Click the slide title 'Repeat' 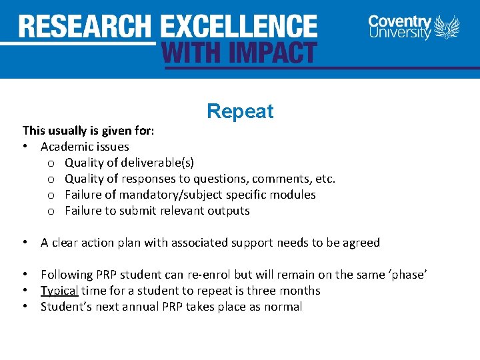[x=240, y=111]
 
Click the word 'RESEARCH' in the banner [x=85, y=27]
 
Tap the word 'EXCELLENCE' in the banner [x=239, y=27]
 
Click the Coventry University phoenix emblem [x=447, y=27]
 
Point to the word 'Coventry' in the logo [x=399, y=21]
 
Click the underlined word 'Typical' [x=59, y=291]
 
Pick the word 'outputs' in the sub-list [x=228, y=211]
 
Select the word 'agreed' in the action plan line [x=361, y=243]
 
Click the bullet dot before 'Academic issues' [x=25, y=147]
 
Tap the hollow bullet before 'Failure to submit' [x=50, y=211]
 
